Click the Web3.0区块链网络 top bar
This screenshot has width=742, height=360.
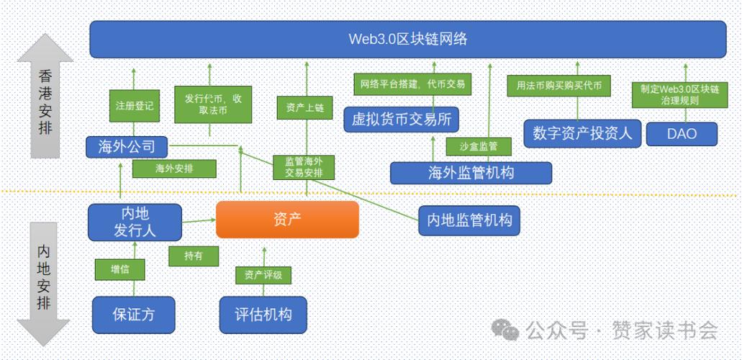click(407, 39)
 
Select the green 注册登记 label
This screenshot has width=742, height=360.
click(133, 105)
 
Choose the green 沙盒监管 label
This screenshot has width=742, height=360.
click(478, 146)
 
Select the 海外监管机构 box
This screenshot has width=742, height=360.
click(471, 173)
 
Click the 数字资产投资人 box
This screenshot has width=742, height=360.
click(582, 133)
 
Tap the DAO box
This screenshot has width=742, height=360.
click(682, 134)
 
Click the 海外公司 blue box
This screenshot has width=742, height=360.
click(127, 148)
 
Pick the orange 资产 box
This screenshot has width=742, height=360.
click(287, 220)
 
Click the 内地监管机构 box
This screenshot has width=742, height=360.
click(469, 220)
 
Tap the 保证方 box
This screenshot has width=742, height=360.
click(134, 315)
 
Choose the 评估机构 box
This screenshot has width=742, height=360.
click(263, 315)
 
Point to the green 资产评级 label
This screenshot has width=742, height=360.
click(263, 274)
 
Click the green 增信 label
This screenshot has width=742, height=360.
click(120, 270)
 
